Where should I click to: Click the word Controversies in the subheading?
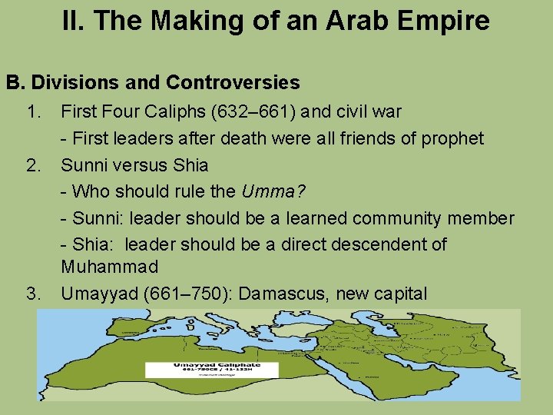coord(233,82)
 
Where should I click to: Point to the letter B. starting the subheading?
coord(16,82)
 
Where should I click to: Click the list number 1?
coord(34,112)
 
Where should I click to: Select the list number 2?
coord(34,165)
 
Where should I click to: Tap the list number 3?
coord(34,294)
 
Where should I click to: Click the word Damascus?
coord(282,294)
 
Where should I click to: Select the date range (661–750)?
coord(187,294)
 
